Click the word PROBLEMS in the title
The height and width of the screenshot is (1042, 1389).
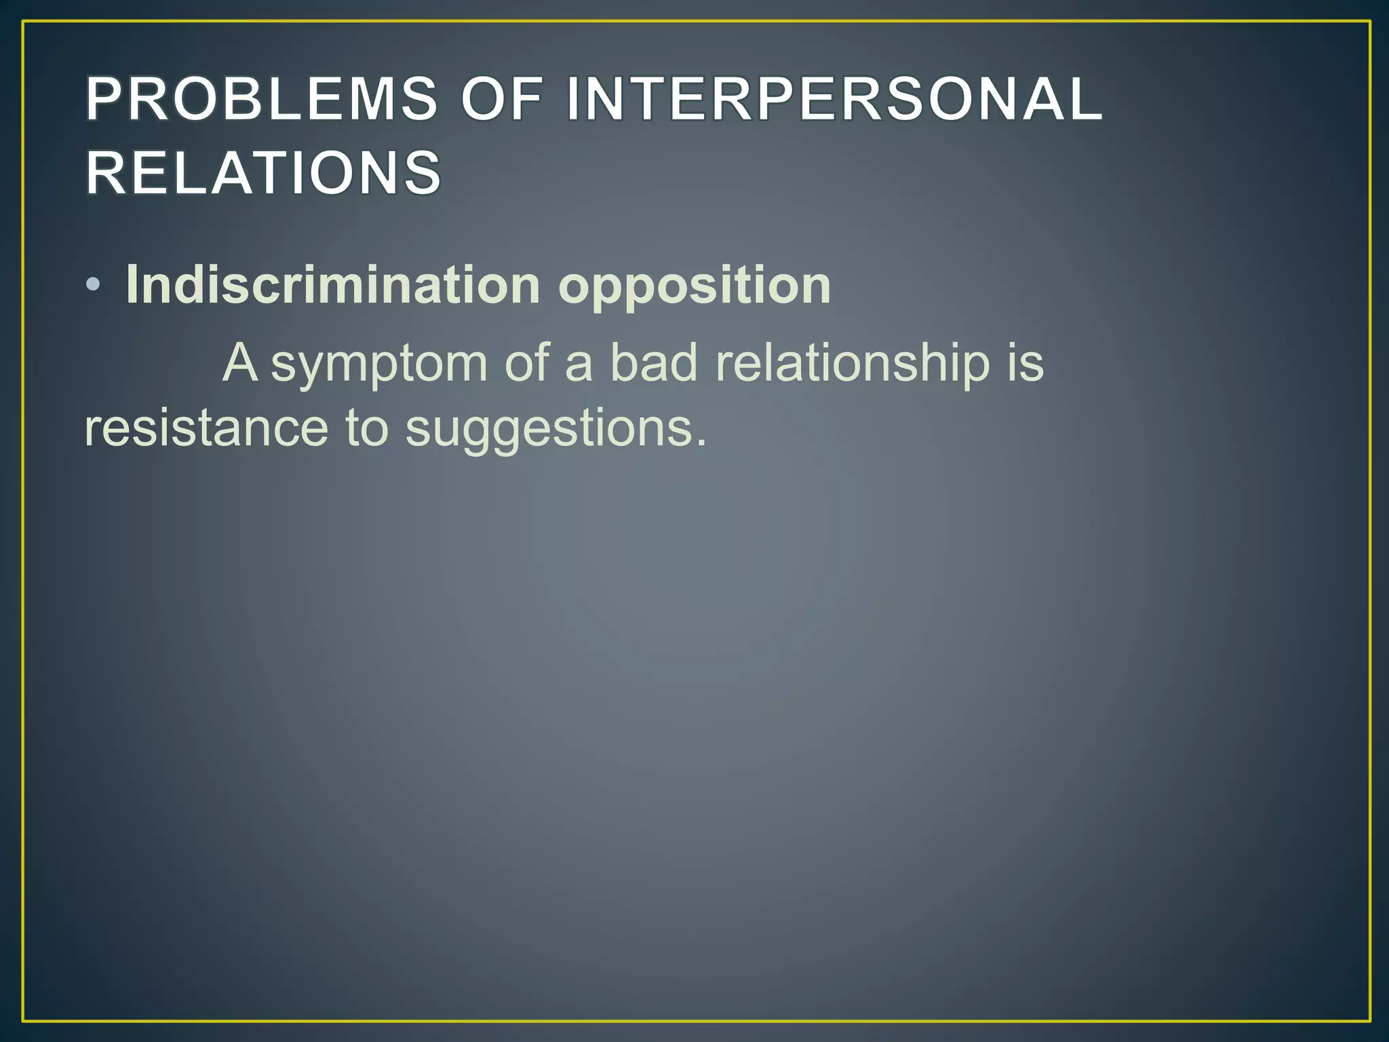[262, 99]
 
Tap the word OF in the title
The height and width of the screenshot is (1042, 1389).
[503, 99]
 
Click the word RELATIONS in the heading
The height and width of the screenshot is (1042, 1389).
[264, 173]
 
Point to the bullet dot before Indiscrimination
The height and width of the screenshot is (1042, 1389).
[94, 286]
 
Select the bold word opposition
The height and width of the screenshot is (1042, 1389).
[694, 286]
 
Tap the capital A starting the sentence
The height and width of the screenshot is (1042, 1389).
[240, 362]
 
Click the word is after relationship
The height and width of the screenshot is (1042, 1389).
[1025, 362]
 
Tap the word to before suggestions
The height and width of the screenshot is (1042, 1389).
[367, 429]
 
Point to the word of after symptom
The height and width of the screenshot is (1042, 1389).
[526, 362]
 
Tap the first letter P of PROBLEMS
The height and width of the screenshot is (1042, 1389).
[102, 99]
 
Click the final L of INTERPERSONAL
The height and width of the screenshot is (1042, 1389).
[1087, 99]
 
